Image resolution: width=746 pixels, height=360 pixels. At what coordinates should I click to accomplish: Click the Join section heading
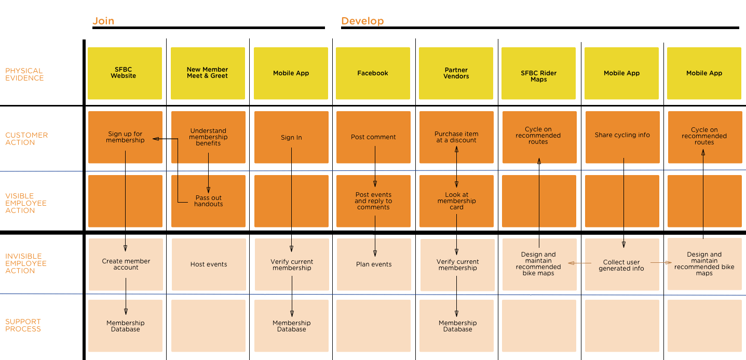click(103, 21)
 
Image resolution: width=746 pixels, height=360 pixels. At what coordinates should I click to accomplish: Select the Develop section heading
click(362, 21)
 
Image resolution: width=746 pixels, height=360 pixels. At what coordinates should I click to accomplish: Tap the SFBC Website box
click(125, 73)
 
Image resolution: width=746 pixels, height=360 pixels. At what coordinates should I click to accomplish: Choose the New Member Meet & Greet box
click(208, 73)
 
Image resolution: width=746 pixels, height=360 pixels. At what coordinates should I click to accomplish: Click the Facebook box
click(373, 73)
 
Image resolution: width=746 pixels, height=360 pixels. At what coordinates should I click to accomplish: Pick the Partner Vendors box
click(456, 73)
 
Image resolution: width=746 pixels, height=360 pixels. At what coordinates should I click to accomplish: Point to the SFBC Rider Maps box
click(538, 73)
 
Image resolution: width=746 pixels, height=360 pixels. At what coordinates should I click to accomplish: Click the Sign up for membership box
click(125, 137)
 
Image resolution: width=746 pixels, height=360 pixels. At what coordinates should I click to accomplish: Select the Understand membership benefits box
click(208, 137)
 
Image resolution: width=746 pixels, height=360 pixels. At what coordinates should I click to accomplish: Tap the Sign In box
click(291, 137)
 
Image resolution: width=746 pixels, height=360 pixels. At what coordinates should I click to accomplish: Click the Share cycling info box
click(622, 135)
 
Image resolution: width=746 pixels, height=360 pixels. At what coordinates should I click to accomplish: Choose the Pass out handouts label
click(209, 201)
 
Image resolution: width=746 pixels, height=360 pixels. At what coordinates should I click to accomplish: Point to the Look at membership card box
click(456, 201)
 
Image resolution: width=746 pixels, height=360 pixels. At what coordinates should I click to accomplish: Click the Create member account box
click(126, 264)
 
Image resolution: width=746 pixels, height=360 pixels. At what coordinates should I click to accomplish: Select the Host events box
click(209, 264)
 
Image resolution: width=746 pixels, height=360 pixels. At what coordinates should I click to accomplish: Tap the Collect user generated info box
click(621, 265)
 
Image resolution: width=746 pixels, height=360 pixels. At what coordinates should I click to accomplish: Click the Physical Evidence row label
click(24, 74)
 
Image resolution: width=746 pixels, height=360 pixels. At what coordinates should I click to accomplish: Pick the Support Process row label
click(23, 325)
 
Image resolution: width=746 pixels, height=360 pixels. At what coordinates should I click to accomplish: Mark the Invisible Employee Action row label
click(26, 263)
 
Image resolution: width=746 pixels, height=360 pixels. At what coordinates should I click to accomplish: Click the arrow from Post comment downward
click(375, 166)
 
